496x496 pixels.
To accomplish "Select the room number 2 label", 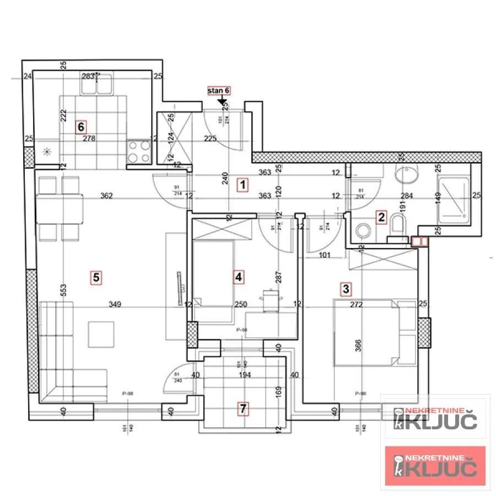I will pos(381,217).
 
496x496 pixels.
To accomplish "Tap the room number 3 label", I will pos(346,287).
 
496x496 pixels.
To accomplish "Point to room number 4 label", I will pos(238,277).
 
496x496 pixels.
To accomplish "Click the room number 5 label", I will pos(96,278).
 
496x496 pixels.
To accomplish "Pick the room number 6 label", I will pos(81,127).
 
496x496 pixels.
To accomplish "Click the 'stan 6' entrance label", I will pos(219,91).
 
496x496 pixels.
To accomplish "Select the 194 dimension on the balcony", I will pos(245,375).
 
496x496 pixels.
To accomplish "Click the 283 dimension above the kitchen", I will pos(88,77).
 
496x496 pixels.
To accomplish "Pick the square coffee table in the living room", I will pos(101,335).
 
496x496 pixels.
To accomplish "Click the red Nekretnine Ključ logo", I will pos(435,466).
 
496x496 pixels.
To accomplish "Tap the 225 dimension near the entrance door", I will pos(209,139).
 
